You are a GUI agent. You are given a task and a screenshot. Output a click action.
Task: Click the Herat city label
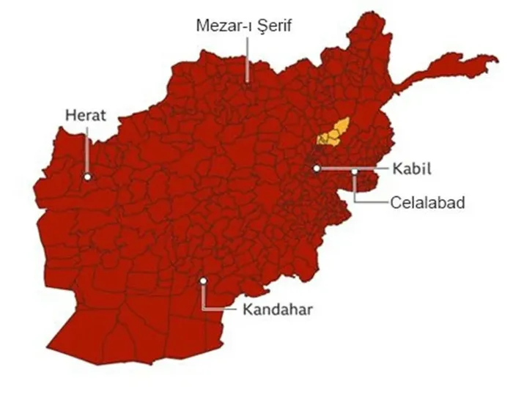tap(86, 115)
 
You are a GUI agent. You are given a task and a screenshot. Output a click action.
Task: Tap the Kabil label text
tap(412, 169)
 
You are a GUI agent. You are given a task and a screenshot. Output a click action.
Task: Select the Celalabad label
tap(428, 201)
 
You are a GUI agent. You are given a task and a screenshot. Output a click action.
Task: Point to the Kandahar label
tap(277, 308)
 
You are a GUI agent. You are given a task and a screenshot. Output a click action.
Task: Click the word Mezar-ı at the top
tap(223, 26)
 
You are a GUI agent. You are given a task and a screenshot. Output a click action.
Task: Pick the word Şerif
tap(276, 26)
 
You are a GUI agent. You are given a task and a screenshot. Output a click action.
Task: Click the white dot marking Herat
tap(87, 177)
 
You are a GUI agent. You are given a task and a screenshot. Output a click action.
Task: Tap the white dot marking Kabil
tap(317, 168)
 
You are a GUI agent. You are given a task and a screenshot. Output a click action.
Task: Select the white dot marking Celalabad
tap(355, 172)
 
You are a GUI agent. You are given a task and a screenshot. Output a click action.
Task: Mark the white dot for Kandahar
tap(204, 281)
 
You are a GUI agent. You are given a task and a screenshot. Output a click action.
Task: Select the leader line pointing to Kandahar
tap(220, 308)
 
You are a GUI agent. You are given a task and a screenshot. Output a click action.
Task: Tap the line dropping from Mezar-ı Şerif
tap(248, 59)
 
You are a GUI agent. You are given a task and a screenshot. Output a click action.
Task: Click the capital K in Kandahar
tap(246, 308)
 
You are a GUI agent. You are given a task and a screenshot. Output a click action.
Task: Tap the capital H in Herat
tap(70, 115)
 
